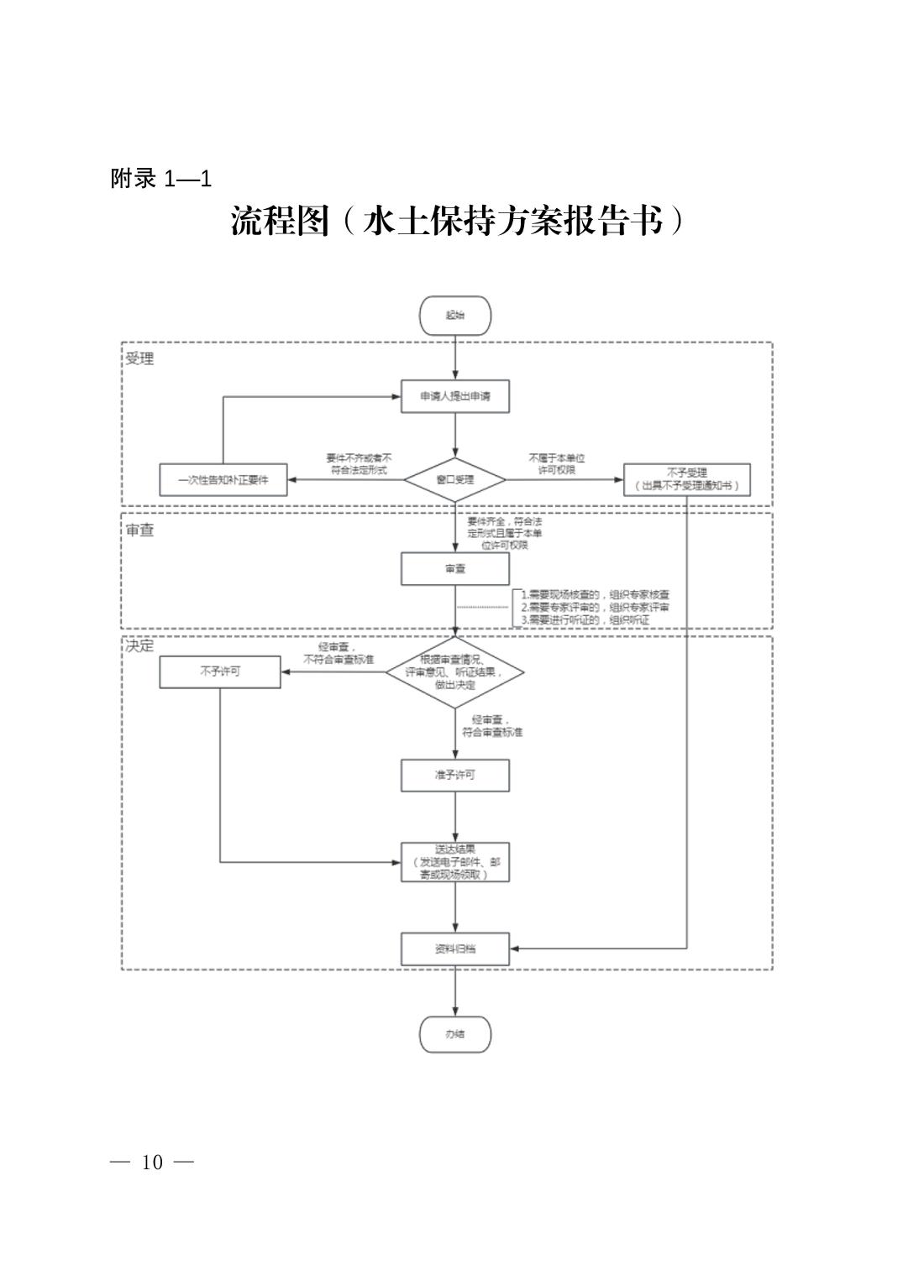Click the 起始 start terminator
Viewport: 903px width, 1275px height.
(454, 316)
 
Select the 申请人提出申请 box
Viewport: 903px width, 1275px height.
(454, 396)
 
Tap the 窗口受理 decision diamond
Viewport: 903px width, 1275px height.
(454, 479)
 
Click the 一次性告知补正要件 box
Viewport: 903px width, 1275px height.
(223, 480)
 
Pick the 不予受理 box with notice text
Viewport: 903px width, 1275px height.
(686, 479)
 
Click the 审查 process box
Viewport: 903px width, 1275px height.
(454, 568)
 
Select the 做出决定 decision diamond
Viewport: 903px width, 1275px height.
(454, 672)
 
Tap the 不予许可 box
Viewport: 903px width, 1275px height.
(220, 671)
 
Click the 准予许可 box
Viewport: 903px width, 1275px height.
(454, 775)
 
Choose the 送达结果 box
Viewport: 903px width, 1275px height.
(454, 861)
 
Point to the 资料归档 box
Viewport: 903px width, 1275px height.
(454, 948)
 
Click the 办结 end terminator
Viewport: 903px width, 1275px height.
(454, 1034)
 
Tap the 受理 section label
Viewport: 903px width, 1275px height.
(139, 358)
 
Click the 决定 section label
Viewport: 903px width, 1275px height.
(139, 646)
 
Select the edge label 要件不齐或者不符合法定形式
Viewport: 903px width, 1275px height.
(359, 464)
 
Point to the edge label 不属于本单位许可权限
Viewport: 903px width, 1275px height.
(556, 464)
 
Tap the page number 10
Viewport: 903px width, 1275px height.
(152, 1163)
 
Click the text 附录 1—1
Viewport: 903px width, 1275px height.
(160, 178)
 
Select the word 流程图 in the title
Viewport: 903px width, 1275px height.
(280, 221)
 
